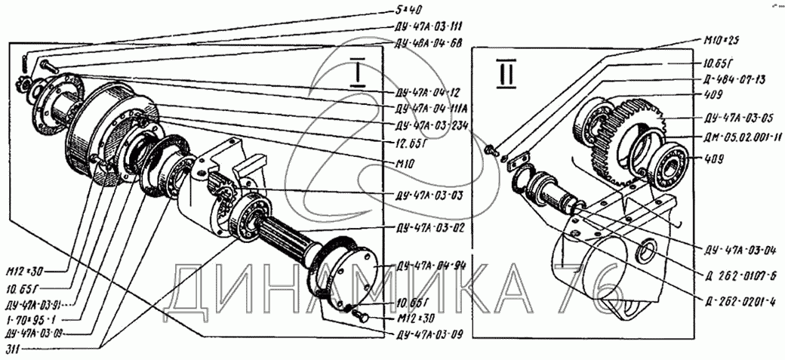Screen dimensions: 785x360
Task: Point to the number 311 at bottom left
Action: [12, 348]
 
